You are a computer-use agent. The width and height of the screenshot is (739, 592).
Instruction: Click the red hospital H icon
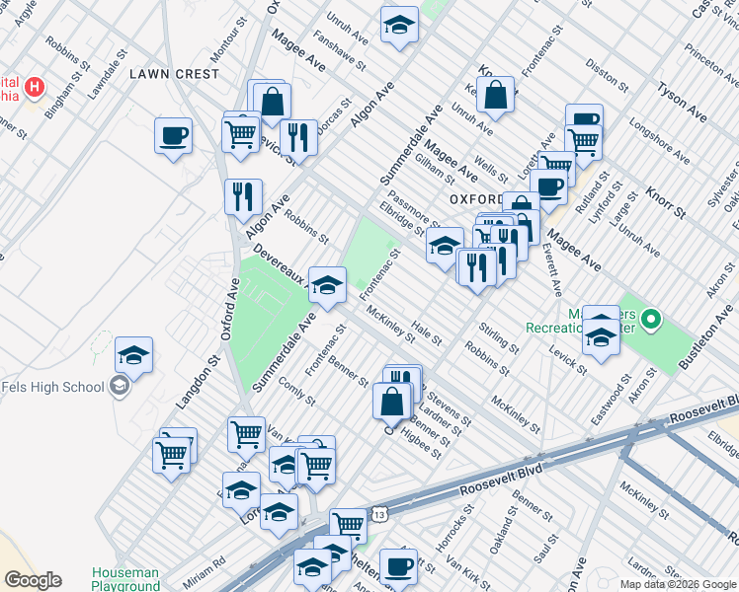tap(35, 87)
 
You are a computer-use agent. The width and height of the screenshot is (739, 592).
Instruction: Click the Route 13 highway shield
tap(379, 514)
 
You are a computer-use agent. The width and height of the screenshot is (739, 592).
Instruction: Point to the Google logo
tap(33, 580)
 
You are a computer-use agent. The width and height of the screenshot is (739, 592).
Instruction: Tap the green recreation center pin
tap(650, 320)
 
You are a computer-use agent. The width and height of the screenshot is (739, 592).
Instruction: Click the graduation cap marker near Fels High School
tap(133, 354)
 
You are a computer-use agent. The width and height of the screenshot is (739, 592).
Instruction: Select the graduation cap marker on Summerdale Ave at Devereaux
tap(327, 285)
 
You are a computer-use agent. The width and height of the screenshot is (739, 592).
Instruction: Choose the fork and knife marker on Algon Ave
tap(243, 195)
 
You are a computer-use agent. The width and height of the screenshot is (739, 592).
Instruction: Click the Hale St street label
tap(427, 333)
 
